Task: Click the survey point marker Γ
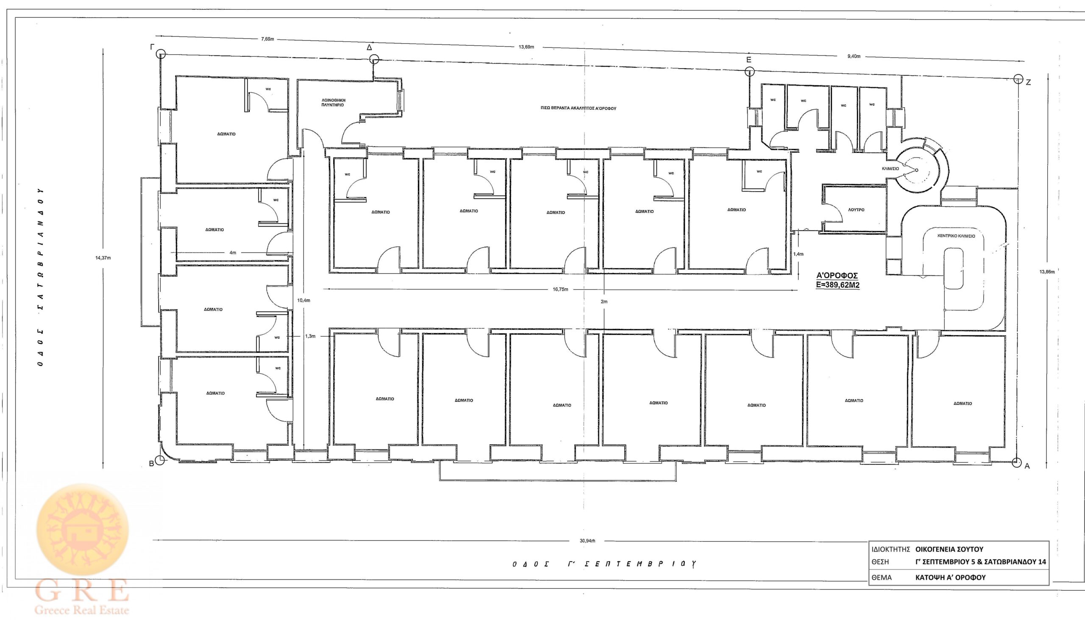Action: click(161, 54)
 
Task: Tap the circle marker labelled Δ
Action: click(374, 59)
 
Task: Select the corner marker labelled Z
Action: click(1018, 79)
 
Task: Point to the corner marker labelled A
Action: click(1016, 462)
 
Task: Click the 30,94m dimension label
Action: click(587, 541)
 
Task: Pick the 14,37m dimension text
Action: click(103, 258)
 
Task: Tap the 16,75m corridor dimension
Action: click(560, 289)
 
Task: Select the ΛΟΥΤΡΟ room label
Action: click(856, 210)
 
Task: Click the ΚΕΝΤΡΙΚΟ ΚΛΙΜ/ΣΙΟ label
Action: click(956, 236)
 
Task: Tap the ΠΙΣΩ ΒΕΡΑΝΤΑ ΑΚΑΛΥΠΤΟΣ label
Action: click(578, 108)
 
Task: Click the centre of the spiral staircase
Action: click(916, 170)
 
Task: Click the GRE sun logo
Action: click(83, 529)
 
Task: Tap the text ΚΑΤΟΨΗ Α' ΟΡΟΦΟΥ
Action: click(950, 578)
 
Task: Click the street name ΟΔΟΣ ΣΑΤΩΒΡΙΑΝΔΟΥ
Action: click(40, 277)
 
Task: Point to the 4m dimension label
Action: click(233, 253)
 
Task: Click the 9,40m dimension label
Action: click(854, 56)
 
